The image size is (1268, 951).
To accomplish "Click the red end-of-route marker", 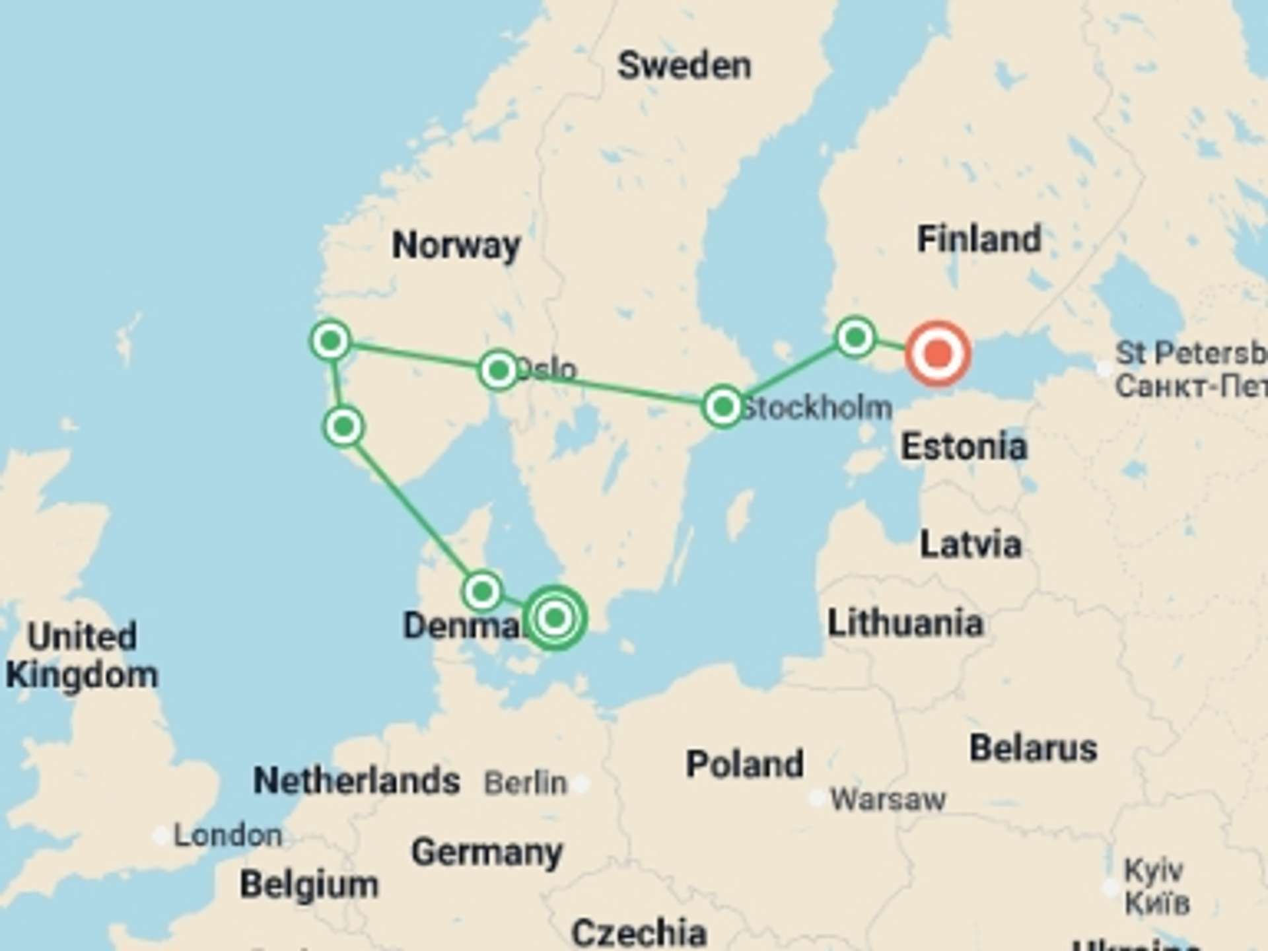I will coord(938,354).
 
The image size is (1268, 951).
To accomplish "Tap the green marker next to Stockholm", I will coord(722,406).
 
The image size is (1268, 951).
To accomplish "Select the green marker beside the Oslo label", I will coord(499,370).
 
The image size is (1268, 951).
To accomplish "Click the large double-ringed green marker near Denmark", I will coord(555,618).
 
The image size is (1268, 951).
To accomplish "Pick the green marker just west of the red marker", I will coord(855,337).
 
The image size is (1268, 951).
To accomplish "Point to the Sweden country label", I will coord(684,66).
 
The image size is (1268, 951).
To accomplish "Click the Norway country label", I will coord(456,246).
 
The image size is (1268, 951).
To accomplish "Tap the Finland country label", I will coord(979,239).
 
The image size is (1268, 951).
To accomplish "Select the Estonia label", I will coord(964,447).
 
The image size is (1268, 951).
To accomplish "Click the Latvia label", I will coord(971,545).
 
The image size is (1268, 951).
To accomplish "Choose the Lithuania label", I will coord(905,623).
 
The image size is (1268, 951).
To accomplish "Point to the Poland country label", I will coord(745,764).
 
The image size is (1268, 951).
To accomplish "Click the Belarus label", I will coord(1033,748).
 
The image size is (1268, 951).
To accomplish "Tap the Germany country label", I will coord(487,853).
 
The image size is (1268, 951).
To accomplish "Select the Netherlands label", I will coord(357,781).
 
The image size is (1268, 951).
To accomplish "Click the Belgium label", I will coord(309,884).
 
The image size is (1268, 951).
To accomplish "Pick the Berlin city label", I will coord(526,784).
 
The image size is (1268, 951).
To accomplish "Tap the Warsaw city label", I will coord(888,800).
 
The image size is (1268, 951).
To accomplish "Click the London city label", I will coord(228,836).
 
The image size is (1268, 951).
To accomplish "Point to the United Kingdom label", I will coord(82,656).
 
